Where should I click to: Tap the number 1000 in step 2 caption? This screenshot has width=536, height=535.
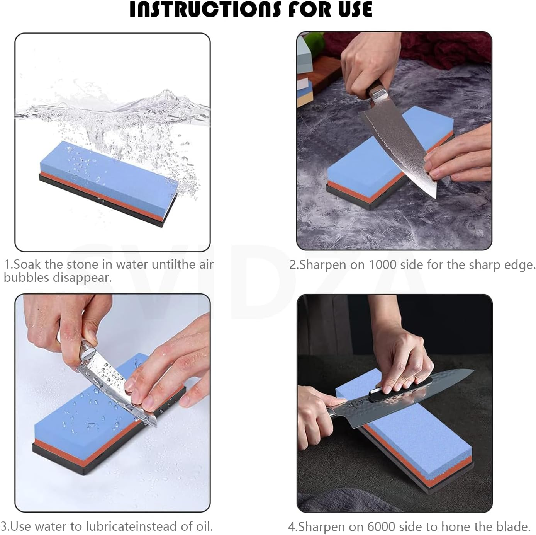pos(382,265)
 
